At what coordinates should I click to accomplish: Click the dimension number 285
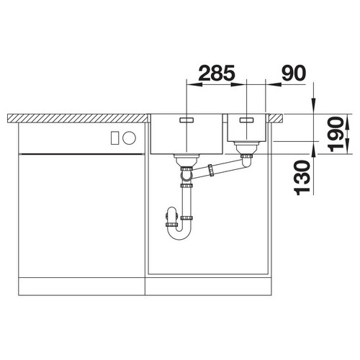[217, 73]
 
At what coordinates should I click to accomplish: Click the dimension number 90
[294, 73]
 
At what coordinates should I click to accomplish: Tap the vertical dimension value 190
[337, 134]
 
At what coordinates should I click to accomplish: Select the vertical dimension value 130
[302, 178]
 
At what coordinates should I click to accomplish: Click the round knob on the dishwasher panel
[129, 138]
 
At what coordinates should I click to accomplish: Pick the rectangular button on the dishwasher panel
[114, 138]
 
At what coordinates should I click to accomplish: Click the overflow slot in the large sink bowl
[186, 120]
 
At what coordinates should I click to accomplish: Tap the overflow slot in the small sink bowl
[246, 120]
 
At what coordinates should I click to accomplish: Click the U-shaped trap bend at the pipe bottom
[179, 234]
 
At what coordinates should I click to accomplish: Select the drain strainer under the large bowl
[186, 160]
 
